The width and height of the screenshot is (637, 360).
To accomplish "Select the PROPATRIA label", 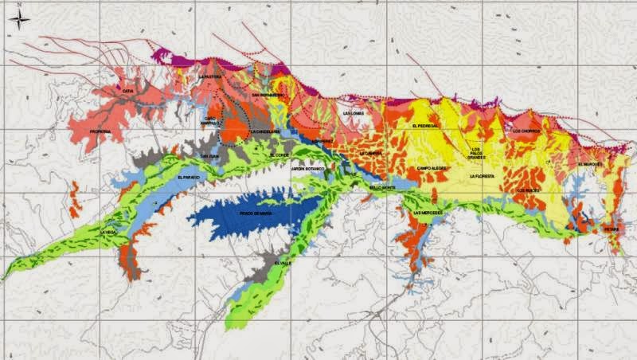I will pyautogui.click(x=100, y=131).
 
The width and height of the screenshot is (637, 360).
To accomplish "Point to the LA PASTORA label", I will pyautogui.click(x=211, y=76).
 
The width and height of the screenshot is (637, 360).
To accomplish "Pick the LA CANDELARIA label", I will pyautogui.click(x=263, y=131).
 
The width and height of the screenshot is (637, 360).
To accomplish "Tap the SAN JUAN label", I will pyautogui.click(x=209, y=155).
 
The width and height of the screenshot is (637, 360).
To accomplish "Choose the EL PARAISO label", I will pyautogui.click(x=190, y=177).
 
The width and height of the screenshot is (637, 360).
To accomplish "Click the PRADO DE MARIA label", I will pyautogui.click(x=256, y=213).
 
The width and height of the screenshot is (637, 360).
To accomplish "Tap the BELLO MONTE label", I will pyautogui.click(x=382, y=187).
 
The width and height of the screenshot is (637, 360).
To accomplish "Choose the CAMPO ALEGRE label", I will pyautogui.click(x=431, y=169).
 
